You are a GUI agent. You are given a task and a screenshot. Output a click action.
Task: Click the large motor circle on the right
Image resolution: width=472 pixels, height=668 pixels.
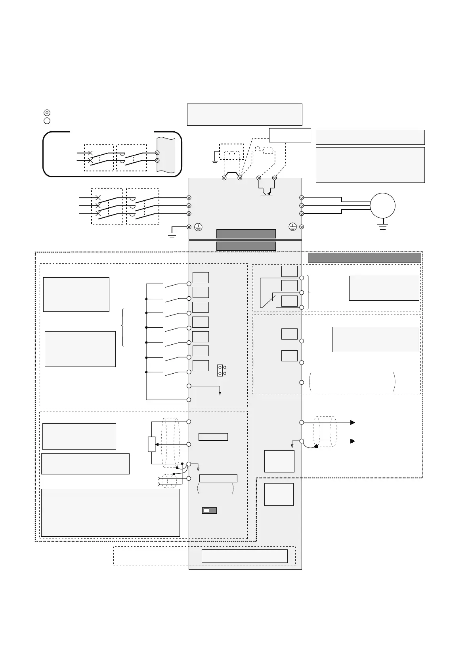382,205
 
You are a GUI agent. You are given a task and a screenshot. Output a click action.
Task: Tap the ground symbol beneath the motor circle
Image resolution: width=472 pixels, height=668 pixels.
382,227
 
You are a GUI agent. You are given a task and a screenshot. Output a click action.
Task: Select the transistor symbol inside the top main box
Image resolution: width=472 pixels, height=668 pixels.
267,193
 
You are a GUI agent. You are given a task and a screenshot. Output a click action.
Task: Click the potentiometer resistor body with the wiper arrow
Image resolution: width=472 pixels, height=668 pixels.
152,444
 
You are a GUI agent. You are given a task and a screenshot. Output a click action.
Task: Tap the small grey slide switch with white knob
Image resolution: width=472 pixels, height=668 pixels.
209,511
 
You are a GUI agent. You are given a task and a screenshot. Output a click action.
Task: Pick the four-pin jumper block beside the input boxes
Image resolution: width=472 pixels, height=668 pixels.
222,370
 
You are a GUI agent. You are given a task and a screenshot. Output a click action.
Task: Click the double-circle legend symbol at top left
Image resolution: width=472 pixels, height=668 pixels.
47,113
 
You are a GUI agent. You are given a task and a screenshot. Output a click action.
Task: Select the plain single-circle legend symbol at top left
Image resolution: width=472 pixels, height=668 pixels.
47,121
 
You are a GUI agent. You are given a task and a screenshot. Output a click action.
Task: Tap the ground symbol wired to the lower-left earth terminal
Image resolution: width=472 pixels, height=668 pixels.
172,235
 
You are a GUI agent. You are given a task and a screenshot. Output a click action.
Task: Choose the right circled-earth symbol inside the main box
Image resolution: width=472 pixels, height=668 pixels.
292,227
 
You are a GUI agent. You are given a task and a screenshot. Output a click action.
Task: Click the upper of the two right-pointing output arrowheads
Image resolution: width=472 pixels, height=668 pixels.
352,422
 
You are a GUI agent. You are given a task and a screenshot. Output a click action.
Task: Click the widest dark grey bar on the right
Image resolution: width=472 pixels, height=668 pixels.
364,258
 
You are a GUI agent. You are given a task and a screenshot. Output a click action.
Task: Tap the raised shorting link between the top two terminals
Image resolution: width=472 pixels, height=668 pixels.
232,175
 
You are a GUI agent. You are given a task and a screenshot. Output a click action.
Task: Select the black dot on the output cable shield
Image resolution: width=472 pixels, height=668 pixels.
316,447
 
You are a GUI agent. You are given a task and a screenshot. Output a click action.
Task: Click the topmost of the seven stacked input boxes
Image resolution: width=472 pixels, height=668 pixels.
201,278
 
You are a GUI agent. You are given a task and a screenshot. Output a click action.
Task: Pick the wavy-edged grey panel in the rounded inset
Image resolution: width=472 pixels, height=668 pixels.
165,155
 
